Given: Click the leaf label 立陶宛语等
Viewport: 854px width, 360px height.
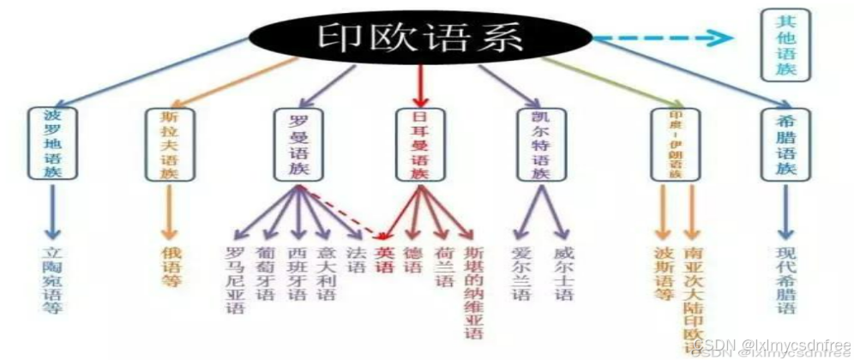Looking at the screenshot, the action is pos(53,279).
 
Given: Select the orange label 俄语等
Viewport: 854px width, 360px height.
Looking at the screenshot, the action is pos(171,267).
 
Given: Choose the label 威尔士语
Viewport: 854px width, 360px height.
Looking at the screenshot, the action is pos(563,273).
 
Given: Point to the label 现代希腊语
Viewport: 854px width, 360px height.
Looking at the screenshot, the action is pos(786,279).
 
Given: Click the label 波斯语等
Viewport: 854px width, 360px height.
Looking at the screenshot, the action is pos(663,273).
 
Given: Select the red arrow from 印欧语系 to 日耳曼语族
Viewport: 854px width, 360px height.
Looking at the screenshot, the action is pos(419,86).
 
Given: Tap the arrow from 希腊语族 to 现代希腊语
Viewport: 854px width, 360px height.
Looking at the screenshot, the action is pos(785,211).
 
